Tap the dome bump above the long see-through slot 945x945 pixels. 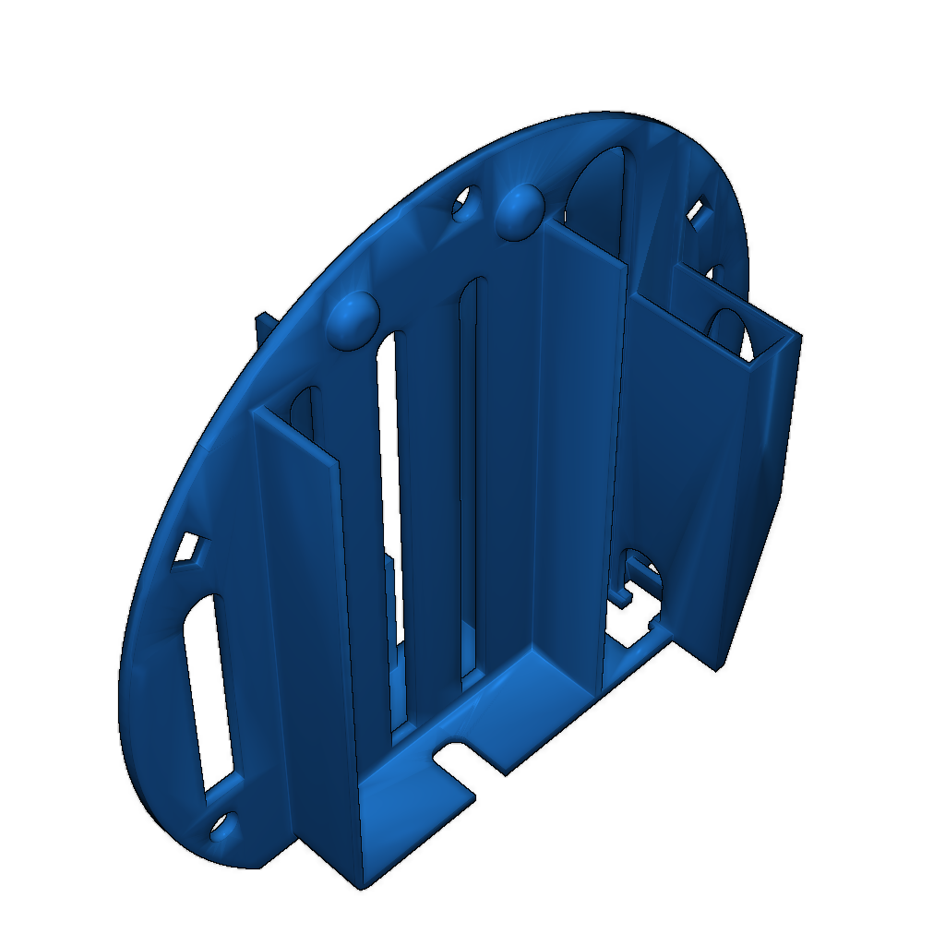coord(353,318)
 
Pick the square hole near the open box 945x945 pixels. coord(699,214)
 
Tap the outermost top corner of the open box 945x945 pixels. coord(799,336)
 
